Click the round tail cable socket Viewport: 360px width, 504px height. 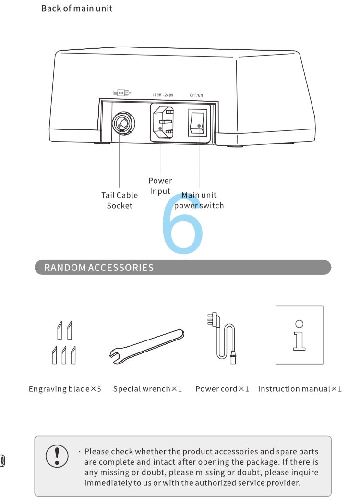[123, 124]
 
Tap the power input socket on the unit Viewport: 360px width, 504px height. [163, 123]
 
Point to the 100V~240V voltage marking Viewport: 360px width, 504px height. [163, 95]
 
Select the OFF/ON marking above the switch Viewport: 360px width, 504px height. [196, 95]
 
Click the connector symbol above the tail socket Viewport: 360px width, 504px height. [121, 93]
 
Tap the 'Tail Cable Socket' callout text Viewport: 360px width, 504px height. [120, 200]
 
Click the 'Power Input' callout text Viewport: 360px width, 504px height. [160, 186]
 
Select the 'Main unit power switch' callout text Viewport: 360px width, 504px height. [199, 200]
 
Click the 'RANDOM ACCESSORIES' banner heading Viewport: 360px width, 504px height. [99, 268]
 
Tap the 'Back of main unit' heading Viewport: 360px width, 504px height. [77, 8]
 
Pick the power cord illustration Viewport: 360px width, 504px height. [222, 338]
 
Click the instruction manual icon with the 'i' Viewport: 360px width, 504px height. [299, 335]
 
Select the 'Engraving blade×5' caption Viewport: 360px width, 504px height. [65, 389]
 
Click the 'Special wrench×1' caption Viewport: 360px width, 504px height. [147, 389]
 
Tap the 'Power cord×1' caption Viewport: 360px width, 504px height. [222, 389]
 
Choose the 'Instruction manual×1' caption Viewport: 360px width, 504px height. [300, 389]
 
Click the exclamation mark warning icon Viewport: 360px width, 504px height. [57, 456]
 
